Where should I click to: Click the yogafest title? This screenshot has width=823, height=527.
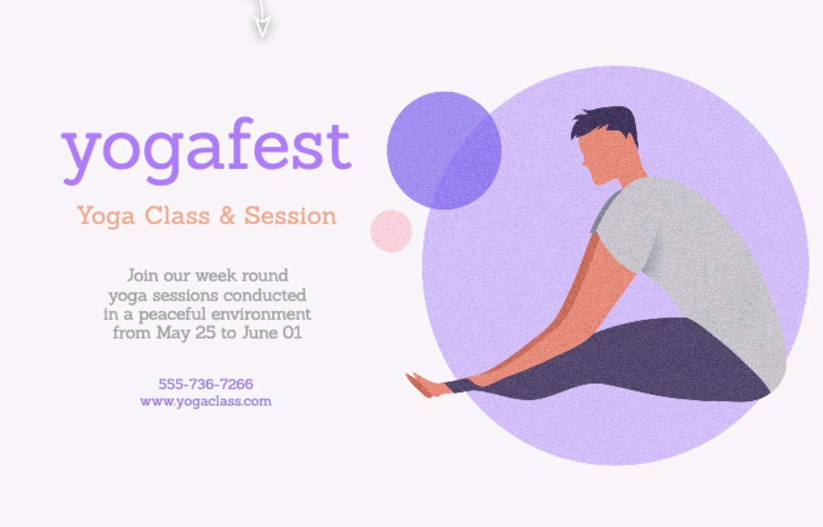206,151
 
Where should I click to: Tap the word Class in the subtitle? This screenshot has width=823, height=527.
177,216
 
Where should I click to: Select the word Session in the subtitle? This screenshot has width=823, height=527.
290,216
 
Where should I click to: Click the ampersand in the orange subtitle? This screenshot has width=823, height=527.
227,216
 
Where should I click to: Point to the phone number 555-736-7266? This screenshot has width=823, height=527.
206,384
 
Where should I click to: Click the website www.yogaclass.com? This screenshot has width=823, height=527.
206,402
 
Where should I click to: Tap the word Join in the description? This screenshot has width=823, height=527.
142,276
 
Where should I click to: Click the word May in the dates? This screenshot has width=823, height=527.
173,333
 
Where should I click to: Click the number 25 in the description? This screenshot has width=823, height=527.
205,333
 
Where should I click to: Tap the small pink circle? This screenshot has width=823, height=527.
391,231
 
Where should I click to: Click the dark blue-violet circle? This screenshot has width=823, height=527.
444,151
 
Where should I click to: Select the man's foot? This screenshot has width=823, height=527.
426,386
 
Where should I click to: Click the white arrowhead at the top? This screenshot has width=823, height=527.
262,25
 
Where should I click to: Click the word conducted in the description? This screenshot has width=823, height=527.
264,295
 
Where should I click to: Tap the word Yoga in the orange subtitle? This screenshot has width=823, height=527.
105,217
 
